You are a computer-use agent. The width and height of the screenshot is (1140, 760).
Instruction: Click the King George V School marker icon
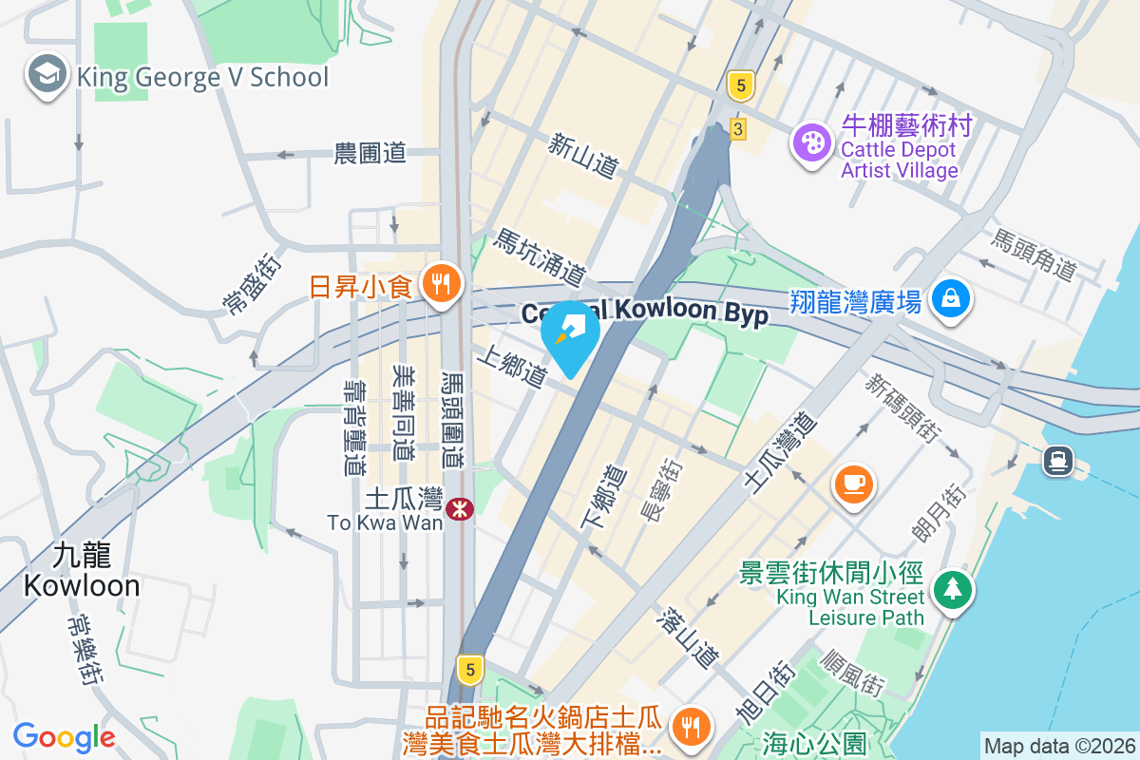[45, 75]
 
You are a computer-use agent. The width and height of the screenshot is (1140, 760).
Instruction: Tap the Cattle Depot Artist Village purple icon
[812, 143]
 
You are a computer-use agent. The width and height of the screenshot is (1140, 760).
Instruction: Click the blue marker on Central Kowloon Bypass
[570, 332]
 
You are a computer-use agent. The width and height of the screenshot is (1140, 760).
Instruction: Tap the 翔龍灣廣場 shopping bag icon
[949, 299]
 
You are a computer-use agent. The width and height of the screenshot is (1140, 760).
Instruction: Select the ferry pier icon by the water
[1057, 462]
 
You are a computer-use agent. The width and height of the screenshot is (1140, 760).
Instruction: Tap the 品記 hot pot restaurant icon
[687, 727]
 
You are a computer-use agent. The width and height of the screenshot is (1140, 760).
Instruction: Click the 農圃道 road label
[370, 152]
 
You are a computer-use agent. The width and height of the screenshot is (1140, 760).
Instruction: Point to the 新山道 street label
[583, 155]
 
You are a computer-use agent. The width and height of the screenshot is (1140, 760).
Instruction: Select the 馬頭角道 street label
[1033, 255]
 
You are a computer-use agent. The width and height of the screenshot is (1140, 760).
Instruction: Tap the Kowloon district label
[81, 570]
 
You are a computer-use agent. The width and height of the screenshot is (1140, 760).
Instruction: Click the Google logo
[64, 736]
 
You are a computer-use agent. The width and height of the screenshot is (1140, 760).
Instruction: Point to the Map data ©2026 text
[1059, 747]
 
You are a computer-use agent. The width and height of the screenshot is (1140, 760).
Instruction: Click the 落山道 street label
[688, 637]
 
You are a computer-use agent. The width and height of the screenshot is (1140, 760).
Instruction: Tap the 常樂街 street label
[83, 649]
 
